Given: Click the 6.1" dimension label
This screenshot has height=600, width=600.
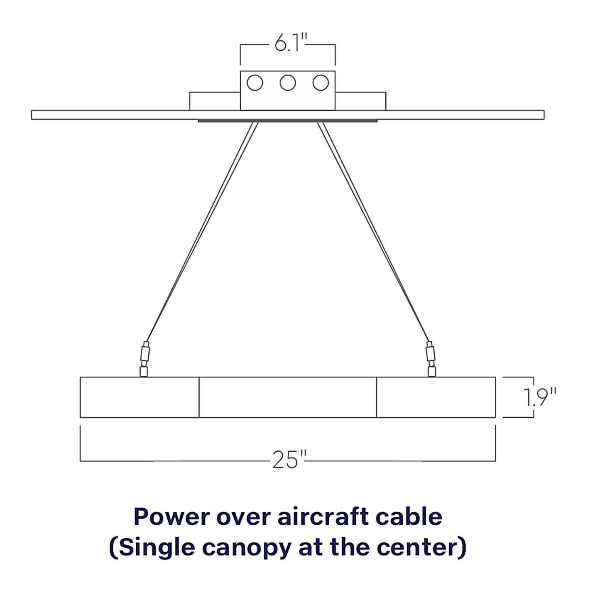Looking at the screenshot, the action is [291, 43].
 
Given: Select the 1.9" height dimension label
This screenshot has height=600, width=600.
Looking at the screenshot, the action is [540, 398].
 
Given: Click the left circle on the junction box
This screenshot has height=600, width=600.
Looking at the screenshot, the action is [255, 83].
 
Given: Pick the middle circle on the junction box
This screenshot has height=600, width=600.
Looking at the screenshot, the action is [288, 83].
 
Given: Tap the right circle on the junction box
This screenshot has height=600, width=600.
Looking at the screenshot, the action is [321, 83].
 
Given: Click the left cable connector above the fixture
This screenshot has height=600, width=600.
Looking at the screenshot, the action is [144, 359].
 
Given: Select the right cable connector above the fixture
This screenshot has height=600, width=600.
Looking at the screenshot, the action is [431, 359].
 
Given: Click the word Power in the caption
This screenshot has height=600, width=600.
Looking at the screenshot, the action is [171, 517].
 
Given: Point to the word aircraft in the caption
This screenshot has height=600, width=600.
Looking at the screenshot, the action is [323, 517].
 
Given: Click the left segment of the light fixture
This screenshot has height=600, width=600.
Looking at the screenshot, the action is [140, 397].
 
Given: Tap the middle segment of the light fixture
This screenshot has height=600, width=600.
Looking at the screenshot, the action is [288, 397].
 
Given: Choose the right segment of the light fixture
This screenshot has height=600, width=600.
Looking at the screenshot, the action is [436, 397].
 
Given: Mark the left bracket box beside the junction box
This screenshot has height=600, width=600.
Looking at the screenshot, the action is [215, 101].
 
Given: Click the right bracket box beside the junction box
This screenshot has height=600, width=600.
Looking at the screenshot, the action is [360, 101].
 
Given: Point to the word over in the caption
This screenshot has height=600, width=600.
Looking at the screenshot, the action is [243, 519].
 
